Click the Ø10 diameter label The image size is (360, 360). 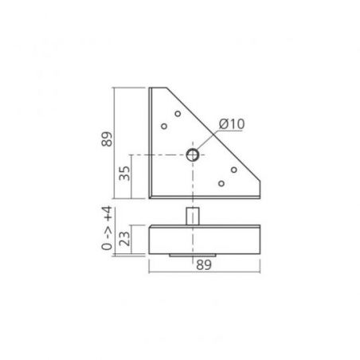[x=232, y=124]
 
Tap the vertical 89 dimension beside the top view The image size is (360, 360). [x=107, y=139]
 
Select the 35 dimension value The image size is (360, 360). [x=124, y=174]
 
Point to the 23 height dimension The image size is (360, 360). [x=124, y=239]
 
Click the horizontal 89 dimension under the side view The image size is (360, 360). [x=204, y=265]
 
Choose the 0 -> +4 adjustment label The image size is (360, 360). [x=107, y=228]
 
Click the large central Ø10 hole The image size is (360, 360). [x=193, y=155]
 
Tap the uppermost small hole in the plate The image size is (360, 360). [x=178, y=114]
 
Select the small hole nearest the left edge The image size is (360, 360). [x=164, y=126]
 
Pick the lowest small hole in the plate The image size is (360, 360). [x=221, y=183]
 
